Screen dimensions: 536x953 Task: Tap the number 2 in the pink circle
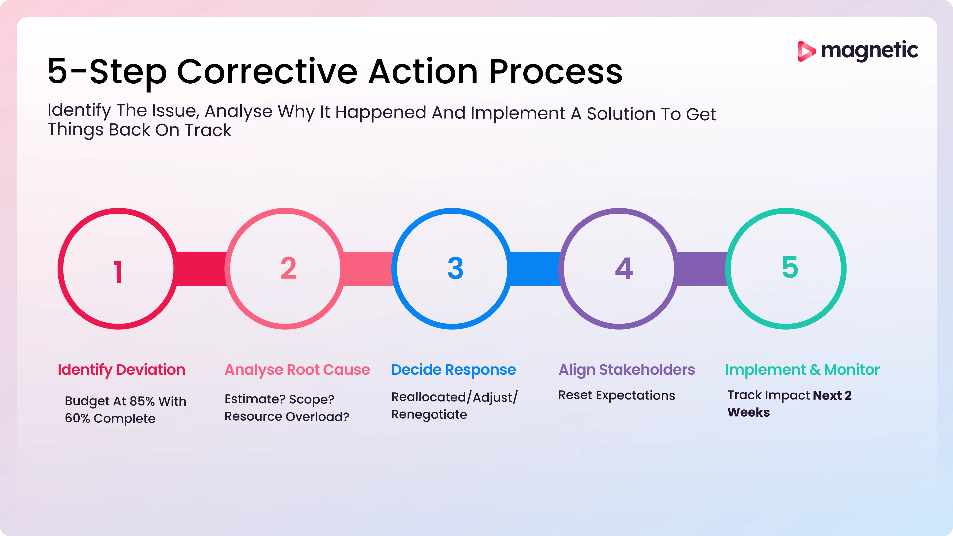(288, 268)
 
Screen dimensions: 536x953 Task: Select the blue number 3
(455, 268)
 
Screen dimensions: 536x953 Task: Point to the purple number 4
(624, 268)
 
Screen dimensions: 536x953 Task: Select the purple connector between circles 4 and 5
(701, 268)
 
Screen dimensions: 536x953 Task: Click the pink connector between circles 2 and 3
(368, 268)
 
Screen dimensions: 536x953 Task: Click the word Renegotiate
(429, 415)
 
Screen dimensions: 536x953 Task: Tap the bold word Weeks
(749, 412)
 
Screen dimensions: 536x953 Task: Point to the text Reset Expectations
(616, 396)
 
